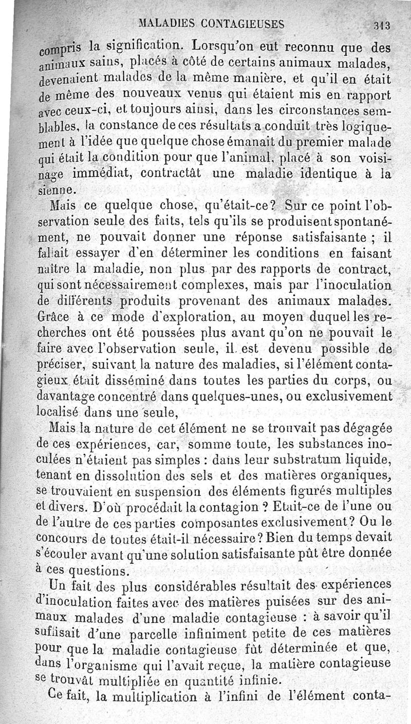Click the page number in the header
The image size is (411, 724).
tap(383, 24)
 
